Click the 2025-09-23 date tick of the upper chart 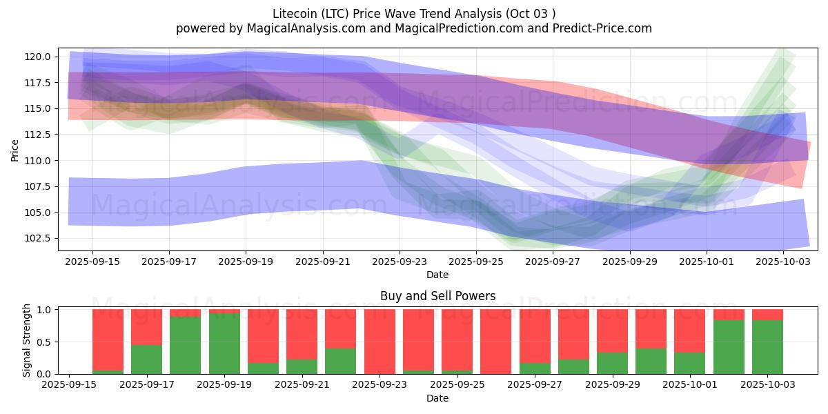(399, 262)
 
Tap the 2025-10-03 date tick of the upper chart (782, 262)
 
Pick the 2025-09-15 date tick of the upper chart (92, 262)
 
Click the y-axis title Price (15, 149)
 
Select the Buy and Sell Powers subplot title (437, 296)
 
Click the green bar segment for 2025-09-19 (224, 344)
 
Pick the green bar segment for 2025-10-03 (767, 347)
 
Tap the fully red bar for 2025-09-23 (379, 342)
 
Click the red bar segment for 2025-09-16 (108, 338)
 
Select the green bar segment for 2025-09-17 (146, 359)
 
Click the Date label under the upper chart (437, 275)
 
